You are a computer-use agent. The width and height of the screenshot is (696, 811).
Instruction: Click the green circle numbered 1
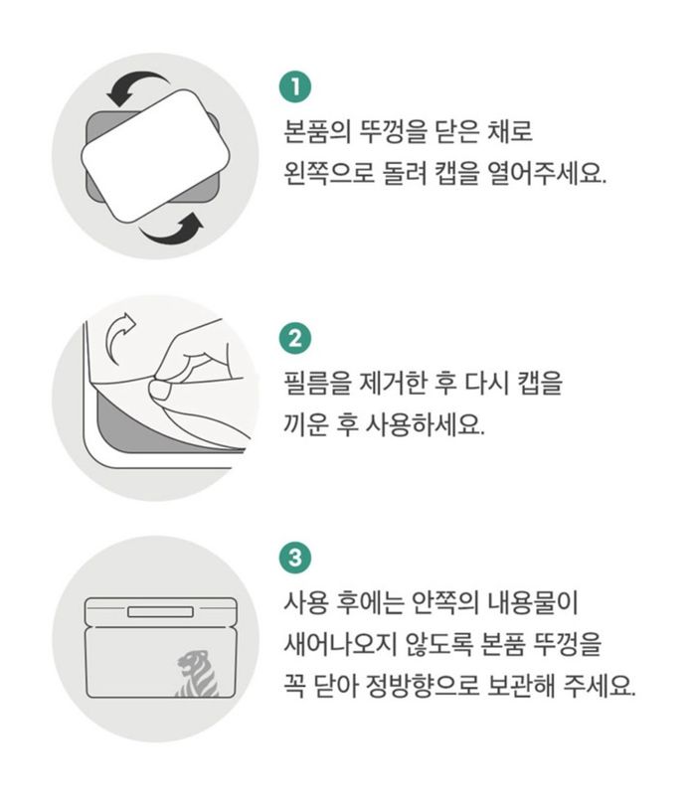[295, 86]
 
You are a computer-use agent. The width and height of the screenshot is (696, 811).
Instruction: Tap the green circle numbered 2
[295, 339]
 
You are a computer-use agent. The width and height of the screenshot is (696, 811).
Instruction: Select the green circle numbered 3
[295, 558]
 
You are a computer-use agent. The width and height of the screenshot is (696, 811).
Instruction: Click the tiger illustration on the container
[197, 674]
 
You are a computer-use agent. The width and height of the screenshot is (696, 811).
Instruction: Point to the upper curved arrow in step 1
[138, 81]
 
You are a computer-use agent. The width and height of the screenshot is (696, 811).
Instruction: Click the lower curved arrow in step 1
[172, 232]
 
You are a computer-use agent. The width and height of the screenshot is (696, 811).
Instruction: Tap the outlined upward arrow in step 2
[120, 336]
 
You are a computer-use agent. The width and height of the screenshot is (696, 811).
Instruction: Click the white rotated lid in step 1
[155, 155]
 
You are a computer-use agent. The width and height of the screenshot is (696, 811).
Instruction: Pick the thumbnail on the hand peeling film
[160, 390]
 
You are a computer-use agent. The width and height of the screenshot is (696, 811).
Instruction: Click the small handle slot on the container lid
[160, 612]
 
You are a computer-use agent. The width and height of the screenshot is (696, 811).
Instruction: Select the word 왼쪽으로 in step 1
[329, 173]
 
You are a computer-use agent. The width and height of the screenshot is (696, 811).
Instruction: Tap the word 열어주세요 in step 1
[547, 173]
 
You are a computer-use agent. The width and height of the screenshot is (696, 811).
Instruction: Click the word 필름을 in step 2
[317, 384]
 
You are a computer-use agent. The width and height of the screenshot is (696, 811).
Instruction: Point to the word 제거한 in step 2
[394, 384]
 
